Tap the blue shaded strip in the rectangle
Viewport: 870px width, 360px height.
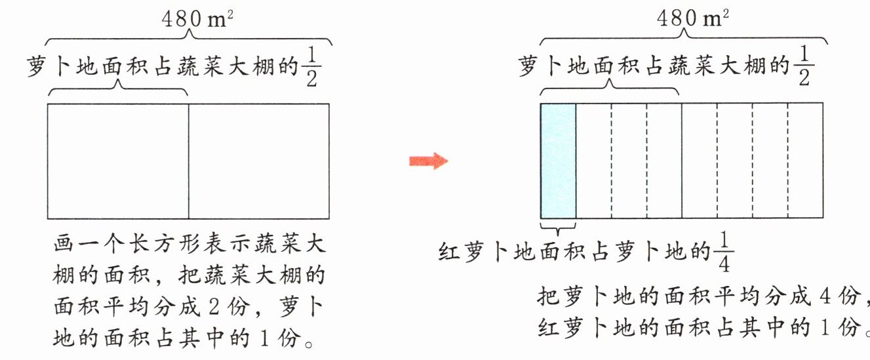click(x=558, y=161)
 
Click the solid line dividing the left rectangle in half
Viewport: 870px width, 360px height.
click(x=189, y=161)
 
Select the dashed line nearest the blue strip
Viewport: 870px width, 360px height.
click(x=612, y=161)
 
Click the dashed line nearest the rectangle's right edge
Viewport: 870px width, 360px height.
click(x=787, y=161)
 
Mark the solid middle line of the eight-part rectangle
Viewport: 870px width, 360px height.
click(x=682, y=161)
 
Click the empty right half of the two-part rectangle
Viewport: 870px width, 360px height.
click(x=258, y=161)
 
